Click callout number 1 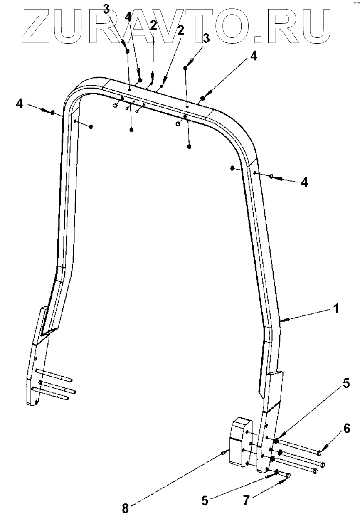click(x=336, y=309)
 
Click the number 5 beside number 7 click(x=205, y=500)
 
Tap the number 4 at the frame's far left click(x=19, y=103)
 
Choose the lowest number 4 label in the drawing click(x=305, y=182)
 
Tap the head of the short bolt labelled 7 click(x=288, y=475)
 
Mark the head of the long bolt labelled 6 click(x=319, y=452)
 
